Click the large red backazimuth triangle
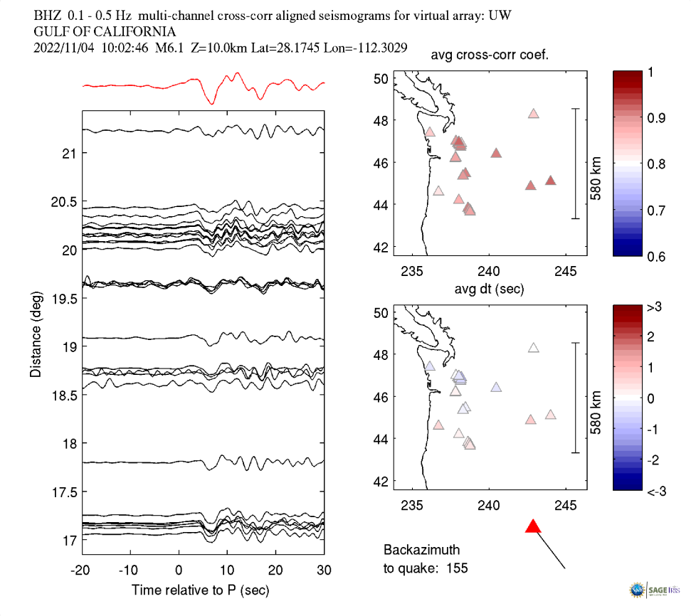point(534,526)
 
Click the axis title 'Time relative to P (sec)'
point(201,590)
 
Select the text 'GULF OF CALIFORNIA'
point(105,32)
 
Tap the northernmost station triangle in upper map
point(534,114)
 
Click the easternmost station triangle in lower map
point(550,415)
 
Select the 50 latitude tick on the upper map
point(381,78)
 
